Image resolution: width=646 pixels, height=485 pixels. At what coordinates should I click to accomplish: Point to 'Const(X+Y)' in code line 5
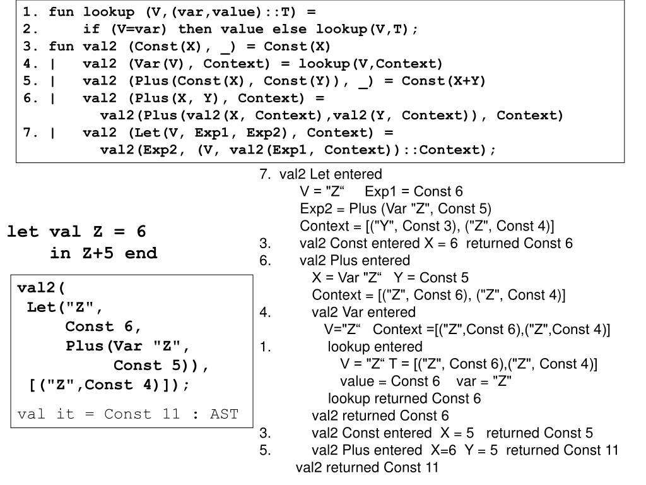tap(443, 81)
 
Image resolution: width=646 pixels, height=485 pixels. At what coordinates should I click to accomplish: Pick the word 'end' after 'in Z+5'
tap(141, 253)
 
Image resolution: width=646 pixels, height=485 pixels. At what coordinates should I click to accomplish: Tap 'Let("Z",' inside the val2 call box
tap(64, 308)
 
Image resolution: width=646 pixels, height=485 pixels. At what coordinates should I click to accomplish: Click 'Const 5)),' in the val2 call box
tap(161, 365)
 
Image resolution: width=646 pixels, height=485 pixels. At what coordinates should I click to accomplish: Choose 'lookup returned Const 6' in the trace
tap(404, 398)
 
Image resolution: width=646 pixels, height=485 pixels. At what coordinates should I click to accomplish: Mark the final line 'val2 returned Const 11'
tap(367, 467)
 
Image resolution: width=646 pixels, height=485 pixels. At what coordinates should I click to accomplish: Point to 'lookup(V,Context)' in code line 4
tap(371, 64)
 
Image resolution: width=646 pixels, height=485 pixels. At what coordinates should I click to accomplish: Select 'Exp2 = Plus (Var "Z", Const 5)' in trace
tap(396, 208)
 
